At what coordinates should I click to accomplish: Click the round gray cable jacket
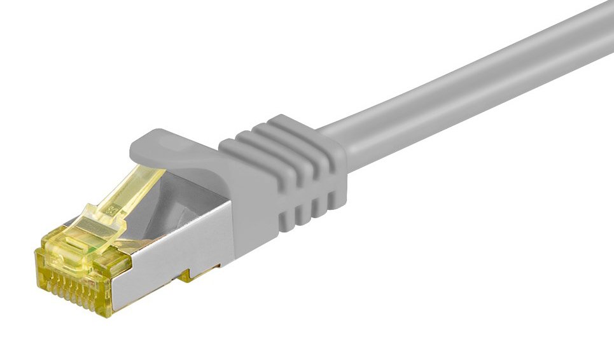(477, 83)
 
